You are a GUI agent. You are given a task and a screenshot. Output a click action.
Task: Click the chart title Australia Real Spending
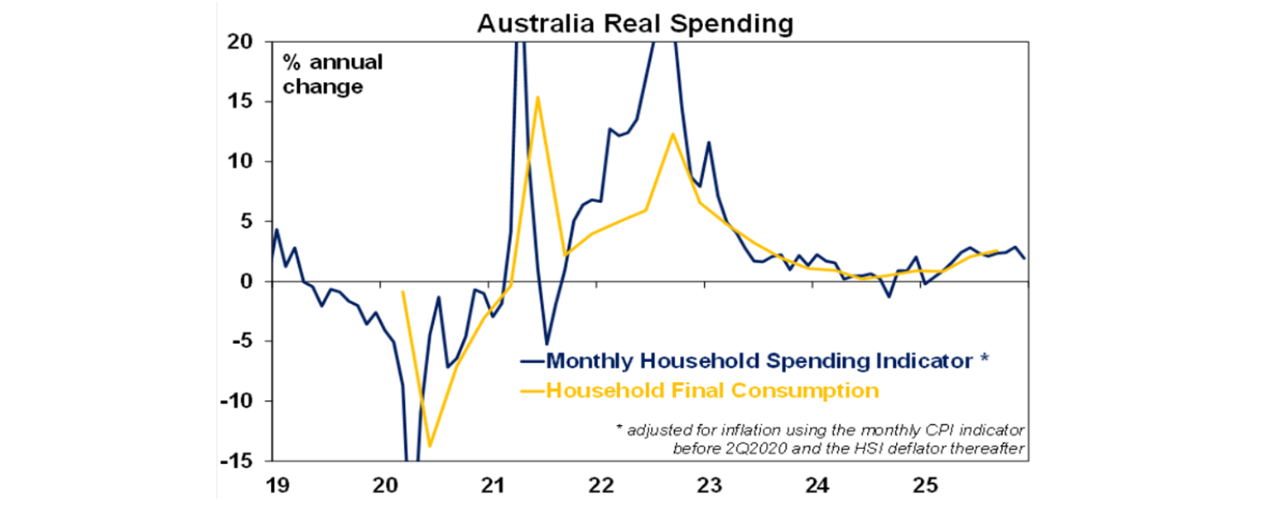point(634,23)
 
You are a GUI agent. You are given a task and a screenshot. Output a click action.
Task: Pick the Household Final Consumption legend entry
point(712,389)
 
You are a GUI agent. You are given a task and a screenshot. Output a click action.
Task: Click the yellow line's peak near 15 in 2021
point(537,97)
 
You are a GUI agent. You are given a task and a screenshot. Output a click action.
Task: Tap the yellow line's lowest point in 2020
point(430,446)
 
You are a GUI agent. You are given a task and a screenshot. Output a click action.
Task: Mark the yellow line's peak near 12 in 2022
point(672,133)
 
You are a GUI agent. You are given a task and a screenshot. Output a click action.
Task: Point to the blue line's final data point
point(1024,258)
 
